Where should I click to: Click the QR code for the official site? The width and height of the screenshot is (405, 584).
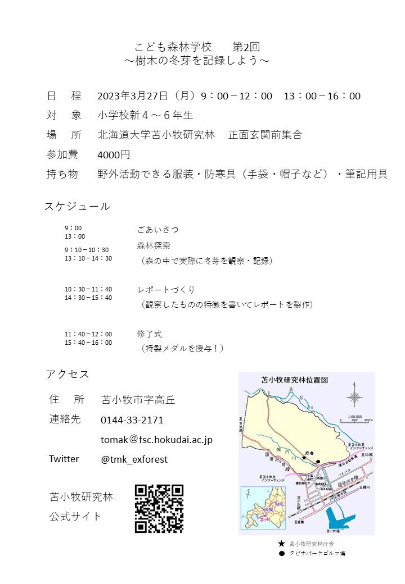click(159, 508)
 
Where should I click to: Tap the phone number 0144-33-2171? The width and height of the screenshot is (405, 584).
click(132, 420)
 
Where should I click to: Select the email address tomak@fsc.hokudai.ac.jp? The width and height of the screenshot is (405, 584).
click(156, 440)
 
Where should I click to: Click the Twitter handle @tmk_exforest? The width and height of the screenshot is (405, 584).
click(134, 459)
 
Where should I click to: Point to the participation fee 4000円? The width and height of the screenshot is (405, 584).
click(114, 154)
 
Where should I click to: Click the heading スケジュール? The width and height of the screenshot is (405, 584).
click(77, 206)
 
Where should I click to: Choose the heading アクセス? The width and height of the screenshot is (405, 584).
click(67, 375)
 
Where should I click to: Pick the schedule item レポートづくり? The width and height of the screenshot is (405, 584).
click(166, 290)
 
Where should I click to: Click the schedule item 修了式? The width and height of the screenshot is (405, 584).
click(149, 334)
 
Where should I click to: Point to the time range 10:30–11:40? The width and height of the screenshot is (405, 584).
click(88, 289)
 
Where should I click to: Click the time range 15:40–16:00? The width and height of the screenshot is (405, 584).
click(88, 343)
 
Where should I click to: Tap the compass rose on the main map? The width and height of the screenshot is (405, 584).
click(354, 398)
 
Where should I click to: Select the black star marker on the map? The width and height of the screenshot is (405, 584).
click(304, 458)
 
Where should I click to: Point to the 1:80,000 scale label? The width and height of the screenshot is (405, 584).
click(354, 417)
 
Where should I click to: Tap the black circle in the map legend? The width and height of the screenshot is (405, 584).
click(282, 553)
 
